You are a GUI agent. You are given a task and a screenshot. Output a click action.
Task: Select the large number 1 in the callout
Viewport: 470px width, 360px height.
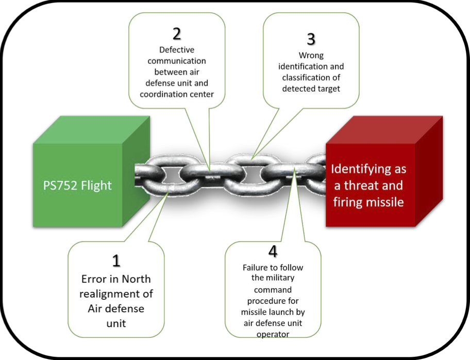116,261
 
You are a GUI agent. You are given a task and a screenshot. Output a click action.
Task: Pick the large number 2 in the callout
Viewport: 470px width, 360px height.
176,33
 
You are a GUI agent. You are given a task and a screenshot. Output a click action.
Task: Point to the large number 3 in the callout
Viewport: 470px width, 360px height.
311,39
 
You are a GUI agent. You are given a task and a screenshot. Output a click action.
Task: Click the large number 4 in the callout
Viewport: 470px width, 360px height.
273,251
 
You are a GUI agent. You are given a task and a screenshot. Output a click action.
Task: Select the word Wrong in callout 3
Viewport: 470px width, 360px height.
311,56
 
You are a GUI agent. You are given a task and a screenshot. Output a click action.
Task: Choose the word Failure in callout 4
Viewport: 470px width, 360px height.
257,267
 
